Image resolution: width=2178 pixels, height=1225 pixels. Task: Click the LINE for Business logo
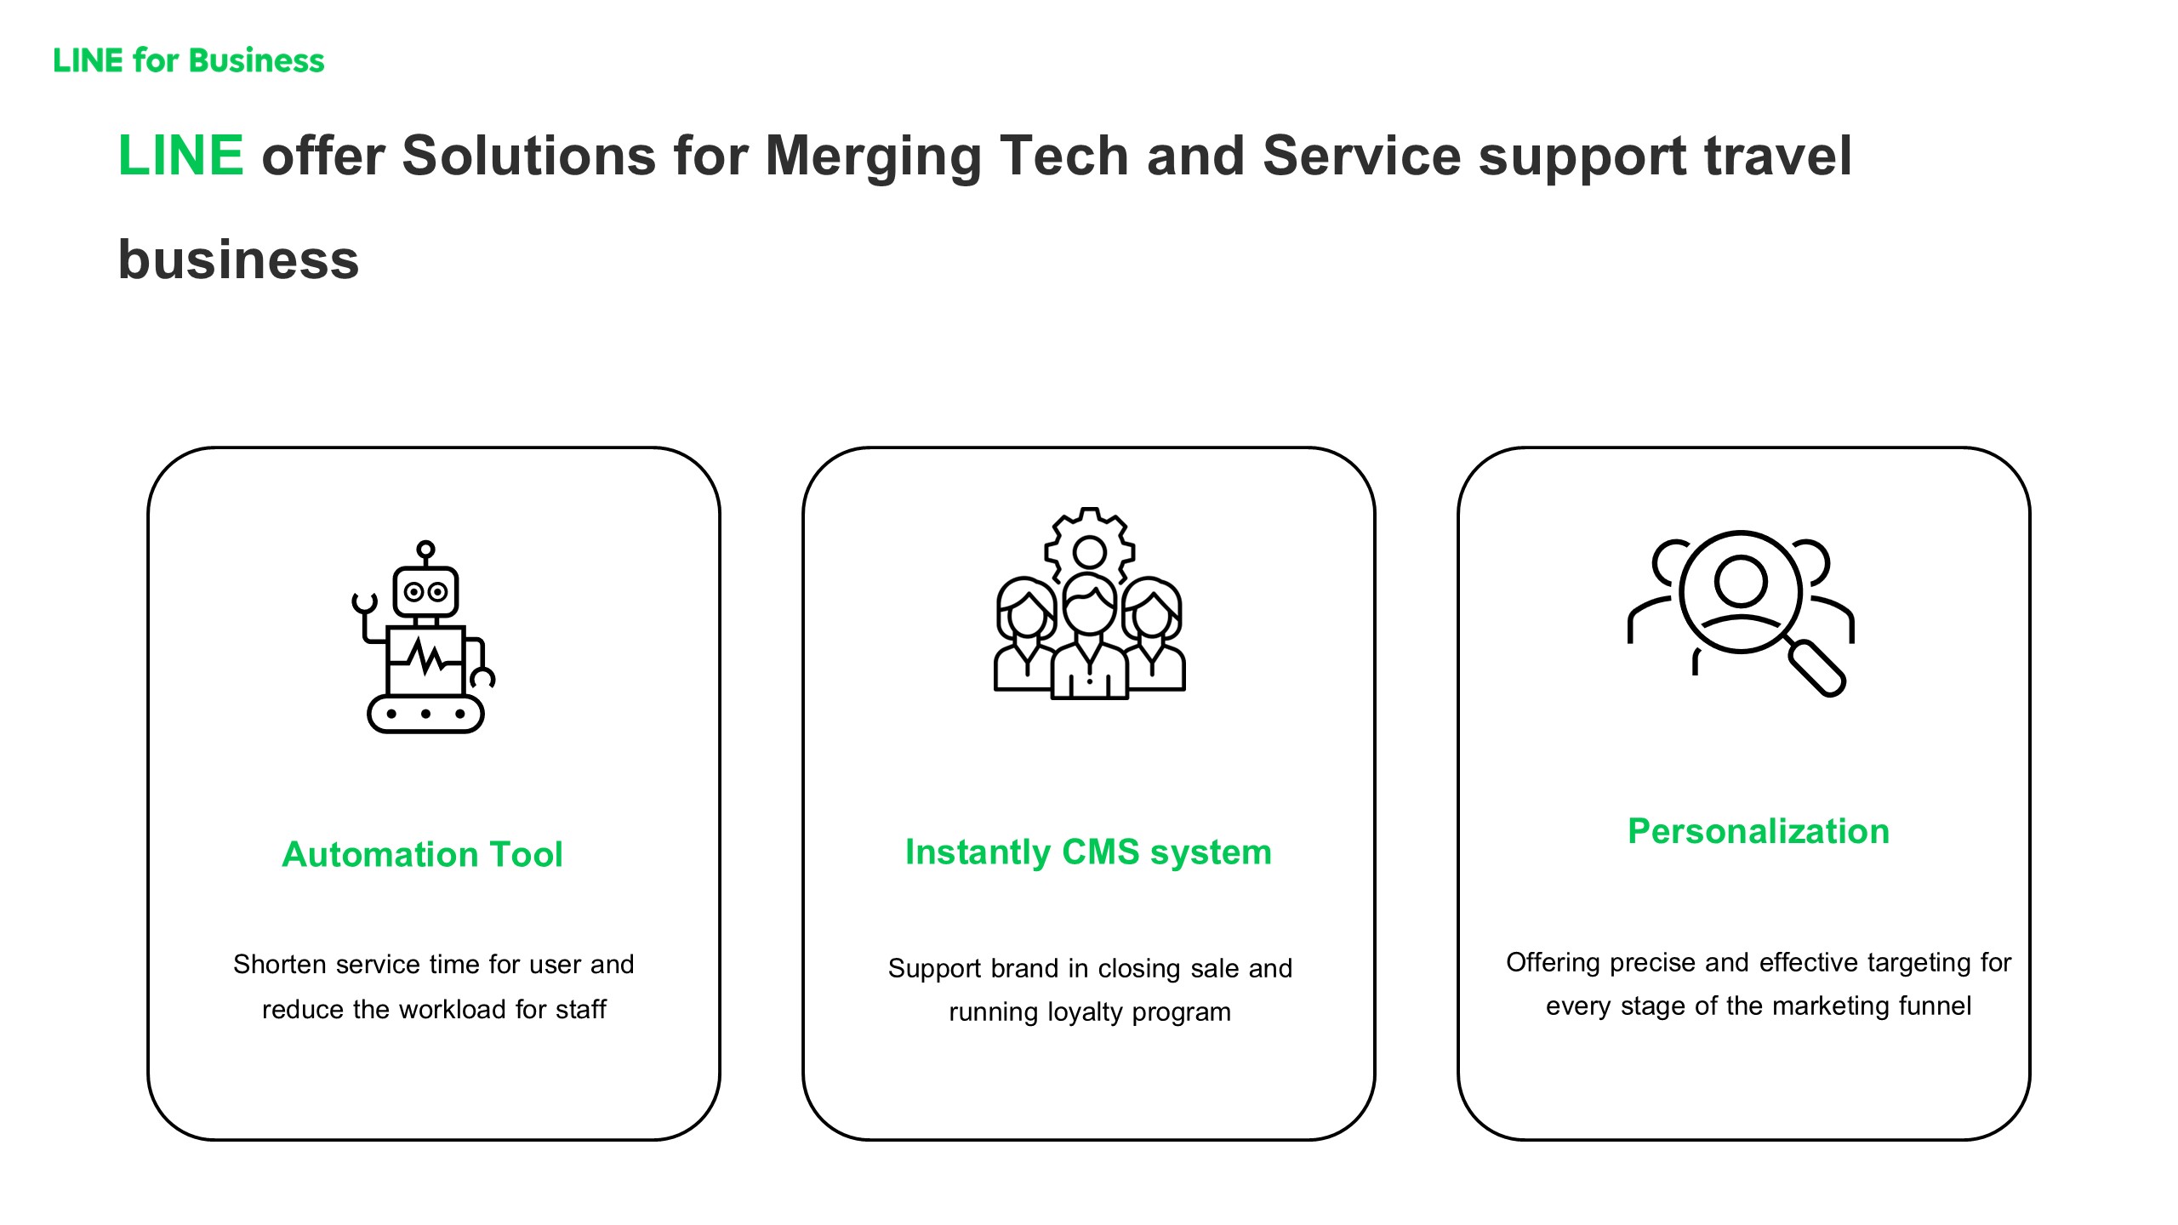[189, 60]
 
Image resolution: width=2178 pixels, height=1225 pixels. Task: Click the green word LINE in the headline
[181, 156]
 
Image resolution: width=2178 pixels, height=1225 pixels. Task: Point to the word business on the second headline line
[238, 259]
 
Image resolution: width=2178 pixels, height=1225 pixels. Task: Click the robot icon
[424, 636]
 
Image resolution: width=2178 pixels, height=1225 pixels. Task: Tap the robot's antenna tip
[425, 549]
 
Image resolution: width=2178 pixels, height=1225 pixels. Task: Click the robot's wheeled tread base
[425, 714]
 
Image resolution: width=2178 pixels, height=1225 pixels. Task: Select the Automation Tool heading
[422, 854]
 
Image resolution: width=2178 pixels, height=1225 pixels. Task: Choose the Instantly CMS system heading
[1088, 852]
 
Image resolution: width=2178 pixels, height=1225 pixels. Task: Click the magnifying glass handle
[1816, 669]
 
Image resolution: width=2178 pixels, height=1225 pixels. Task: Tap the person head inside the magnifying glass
[1741, 581]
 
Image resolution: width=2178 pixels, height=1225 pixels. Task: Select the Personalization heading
[1759, 831]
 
